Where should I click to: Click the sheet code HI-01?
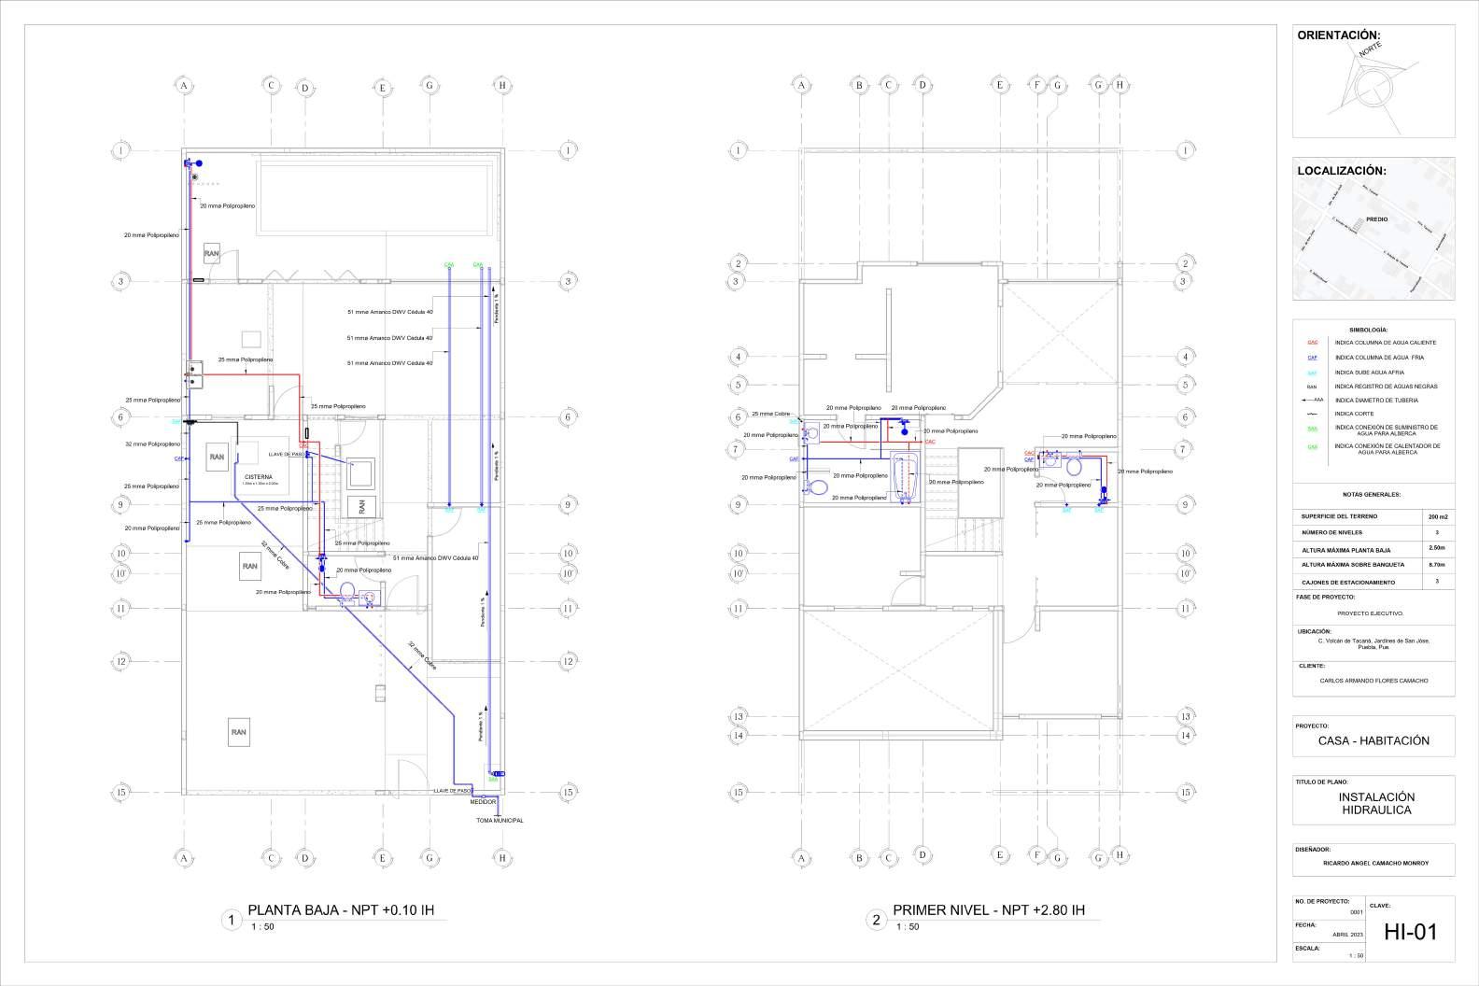pos(1410,931)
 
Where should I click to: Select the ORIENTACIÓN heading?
pos(1338,35)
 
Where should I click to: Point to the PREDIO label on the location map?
pos(1376,219)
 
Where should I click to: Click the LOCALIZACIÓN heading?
pos(1341,171)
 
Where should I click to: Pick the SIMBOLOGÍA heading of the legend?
pos(1368,330)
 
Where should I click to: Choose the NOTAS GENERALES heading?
pos(1371,495)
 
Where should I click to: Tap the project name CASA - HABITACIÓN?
pos(1373,740)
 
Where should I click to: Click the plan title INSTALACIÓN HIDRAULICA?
pos(1376,803)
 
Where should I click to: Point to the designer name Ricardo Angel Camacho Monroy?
pos(1375,863)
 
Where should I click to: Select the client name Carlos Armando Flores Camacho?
pos(1373,681)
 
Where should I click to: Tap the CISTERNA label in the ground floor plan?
pos(258,477)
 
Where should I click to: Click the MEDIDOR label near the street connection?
pos(483,802)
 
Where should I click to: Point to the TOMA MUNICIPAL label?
pos(500,821)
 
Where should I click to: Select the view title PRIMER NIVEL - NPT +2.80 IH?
pos(989,910)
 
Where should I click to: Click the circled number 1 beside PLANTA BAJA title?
pos(231,921)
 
